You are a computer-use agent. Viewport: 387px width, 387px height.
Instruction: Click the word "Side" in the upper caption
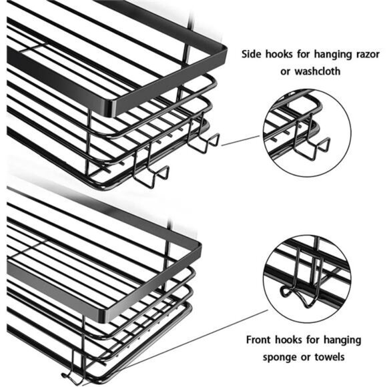click(x=252, y=54)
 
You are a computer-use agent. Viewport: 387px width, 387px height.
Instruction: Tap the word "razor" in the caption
click(x=366, y=55)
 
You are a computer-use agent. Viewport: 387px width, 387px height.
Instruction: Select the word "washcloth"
click(x=318, y=71)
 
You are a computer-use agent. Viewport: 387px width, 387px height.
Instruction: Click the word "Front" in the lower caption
click(x=259, y=340)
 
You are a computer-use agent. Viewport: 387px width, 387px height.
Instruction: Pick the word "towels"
click(x=330, y=357)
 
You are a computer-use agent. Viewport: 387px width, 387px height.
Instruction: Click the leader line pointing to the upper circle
click(x=241, y=140)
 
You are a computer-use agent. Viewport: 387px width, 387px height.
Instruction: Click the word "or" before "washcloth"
click(x=286, y=72)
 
